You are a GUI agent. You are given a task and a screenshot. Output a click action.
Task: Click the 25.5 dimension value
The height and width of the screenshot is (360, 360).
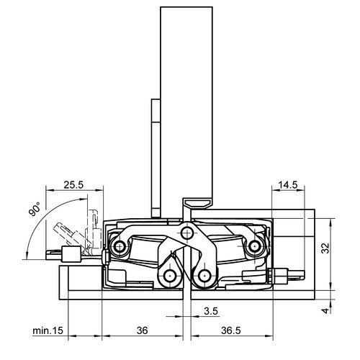(x=73, y=185)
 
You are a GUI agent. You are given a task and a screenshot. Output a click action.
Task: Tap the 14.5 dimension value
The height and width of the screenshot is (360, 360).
(x=287, y=185)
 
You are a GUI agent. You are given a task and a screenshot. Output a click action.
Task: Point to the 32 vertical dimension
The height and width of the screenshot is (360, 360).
(x=325, y=248)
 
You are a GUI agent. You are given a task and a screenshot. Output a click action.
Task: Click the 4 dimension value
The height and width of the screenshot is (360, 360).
(x=325, y=310)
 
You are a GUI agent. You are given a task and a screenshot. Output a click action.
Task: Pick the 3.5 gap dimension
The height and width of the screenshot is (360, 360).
(x=211, y=311)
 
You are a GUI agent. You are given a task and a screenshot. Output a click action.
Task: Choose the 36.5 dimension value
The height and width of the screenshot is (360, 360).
(x=230, y=330)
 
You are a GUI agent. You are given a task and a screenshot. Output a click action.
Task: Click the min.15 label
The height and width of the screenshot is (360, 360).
(x=48, y=330)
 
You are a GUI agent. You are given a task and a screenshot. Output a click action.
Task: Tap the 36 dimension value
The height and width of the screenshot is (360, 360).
(x=142, y=330)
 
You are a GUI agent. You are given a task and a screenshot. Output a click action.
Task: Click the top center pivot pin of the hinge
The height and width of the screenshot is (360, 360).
(x=187, y=233)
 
